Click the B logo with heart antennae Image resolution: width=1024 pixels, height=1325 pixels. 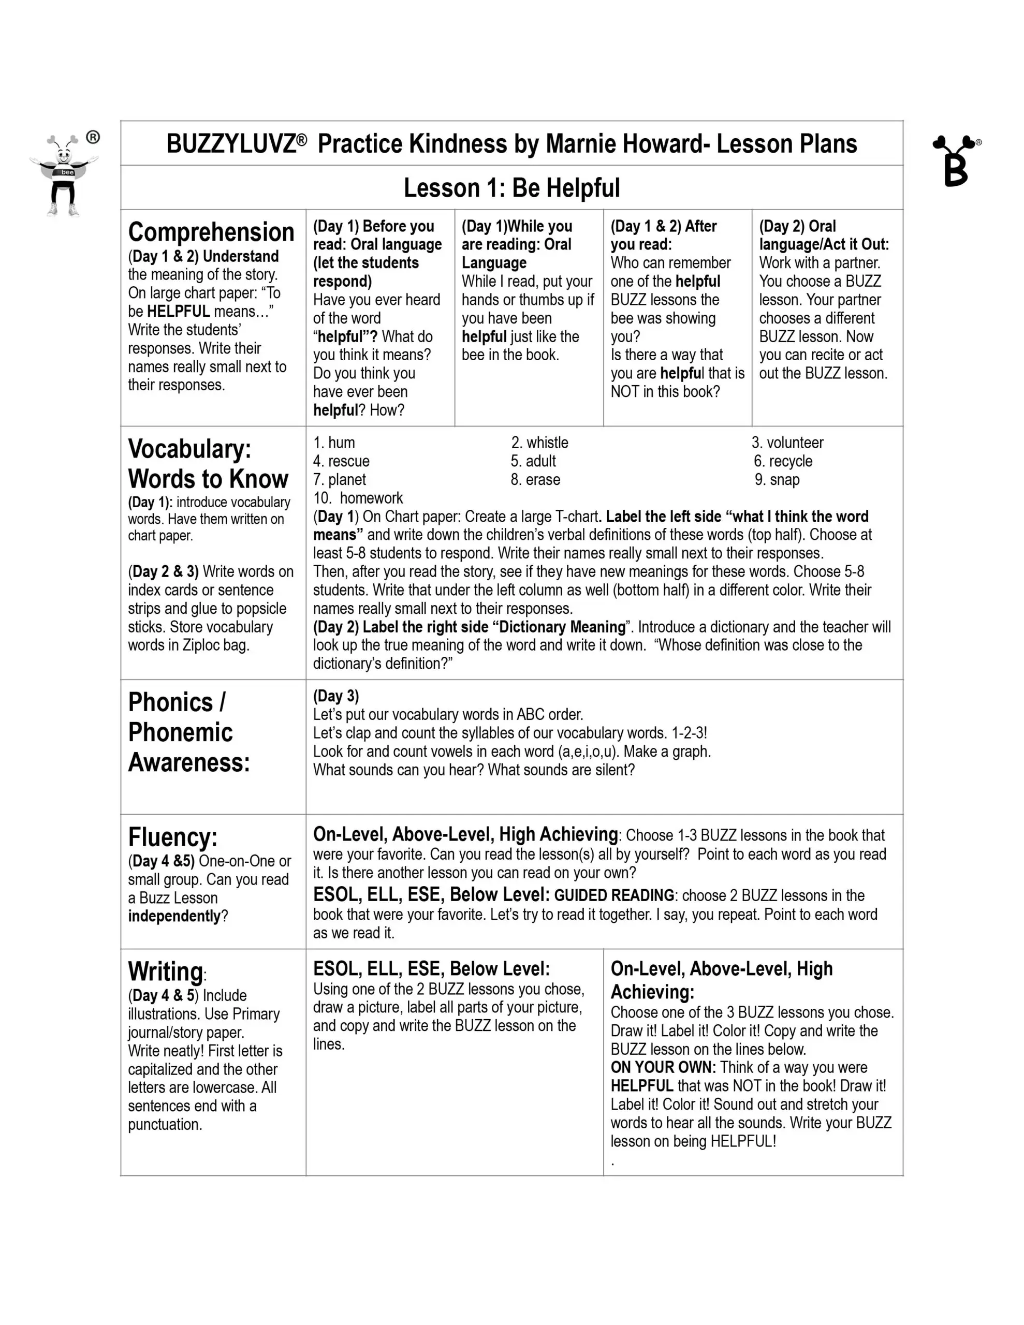(x=956, y=161)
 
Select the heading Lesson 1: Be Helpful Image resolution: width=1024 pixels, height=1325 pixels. (x=511, y=188)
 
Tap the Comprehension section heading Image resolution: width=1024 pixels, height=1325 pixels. (x=211, y=232)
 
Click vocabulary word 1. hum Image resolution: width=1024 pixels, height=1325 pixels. (x=334, y=443)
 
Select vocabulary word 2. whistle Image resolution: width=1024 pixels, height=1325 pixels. (x=539, y=443)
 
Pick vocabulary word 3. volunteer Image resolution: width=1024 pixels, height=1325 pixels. (x=787, y=443)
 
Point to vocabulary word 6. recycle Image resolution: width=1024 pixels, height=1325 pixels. (x=783, y=461)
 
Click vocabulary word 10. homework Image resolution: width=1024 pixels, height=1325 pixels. (x=358, y=498)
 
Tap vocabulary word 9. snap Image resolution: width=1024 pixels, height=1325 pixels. (x=778, y=480)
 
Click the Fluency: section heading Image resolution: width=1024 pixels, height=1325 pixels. (x=172, y=837)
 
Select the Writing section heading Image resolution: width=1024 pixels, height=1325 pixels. (x=165, y=971)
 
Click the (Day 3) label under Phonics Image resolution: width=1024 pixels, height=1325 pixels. (x=335, y=696)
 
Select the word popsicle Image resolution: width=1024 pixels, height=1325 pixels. (x=258, y=609)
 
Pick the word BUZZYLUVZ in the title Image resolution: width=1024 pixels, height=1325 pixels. (x=231, y=144)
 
